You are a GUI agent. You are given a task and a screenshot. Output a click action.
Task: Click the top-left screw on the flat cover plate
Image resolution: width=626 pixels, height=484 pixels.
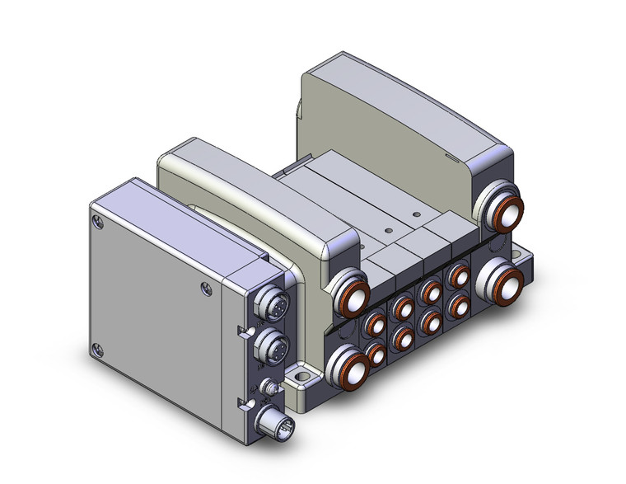click(99, 220)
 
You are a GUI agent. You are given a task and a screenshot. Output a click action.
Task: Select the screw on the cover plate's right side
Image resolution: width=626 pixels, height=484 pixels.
click(205, 288)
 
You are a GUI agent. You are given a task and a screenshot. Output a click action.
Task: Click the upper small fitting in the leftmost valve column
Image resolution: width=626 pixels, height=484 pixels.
click(375, 323)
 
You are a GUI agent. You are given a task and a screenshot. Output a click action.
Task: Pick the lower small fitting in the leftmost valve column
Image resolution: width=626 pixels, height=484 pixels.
click(376, 355)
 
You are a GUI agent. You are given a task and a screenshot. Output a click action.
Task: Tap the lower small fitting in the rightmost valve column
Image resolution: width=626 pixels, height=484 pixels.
click(455, 306)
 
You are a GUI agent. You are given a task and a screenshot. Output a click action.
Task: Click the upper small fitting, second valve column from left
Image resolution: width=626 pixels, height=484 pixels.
click(403, 308)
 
